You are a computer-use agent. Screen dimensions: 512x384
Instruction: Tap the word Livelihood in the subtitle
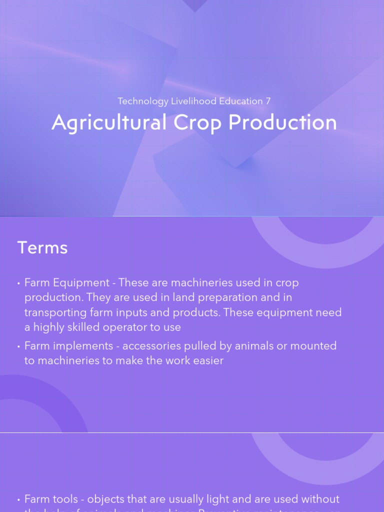coord(194,101)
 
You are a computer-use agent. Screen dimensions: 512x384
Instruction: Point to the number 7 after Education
coord(268,101)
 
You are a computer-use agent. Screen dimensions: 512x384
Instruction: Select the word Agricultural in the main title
coord(109,123)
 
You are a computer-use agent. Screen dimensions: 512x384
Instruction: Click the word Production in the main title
coord(282,123)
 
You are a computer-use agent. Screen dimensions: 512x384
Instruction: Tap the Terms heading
coord(42,248)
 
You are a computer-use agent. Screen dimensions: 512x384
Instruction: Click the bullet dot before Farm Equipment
coord(18,283)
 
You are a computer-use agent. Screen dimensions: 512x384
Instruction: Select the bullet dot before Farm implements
coord(18,346)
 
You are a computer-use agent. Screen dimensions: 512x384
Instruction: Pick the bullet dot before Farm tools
coord(18,499)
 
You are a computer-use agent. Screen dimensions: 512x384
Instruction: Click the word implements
coord(82,346)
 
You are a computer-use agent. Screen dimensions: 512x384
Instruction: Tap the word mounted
coord(314,346)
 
